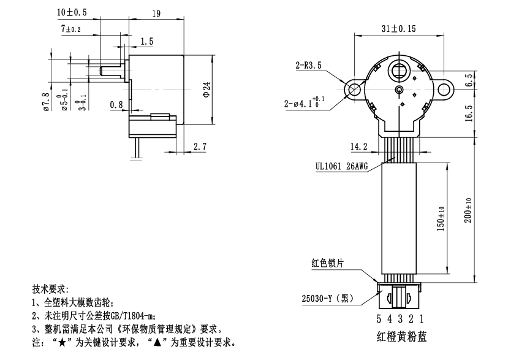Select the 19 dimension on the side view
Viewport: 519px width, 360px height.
tap(156, 13)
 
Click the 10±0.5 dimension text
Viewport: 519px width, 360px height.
tap(72, 12)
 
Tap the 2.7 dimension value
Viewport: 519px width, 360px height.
tap(200, 147)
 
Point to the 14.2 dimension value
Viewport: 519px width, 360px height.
tap(359, 147)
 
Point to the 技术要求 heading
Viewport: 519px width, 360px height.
tap(50, 288)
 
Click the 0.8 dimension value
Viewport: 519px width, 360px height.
tap(118, 105)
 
